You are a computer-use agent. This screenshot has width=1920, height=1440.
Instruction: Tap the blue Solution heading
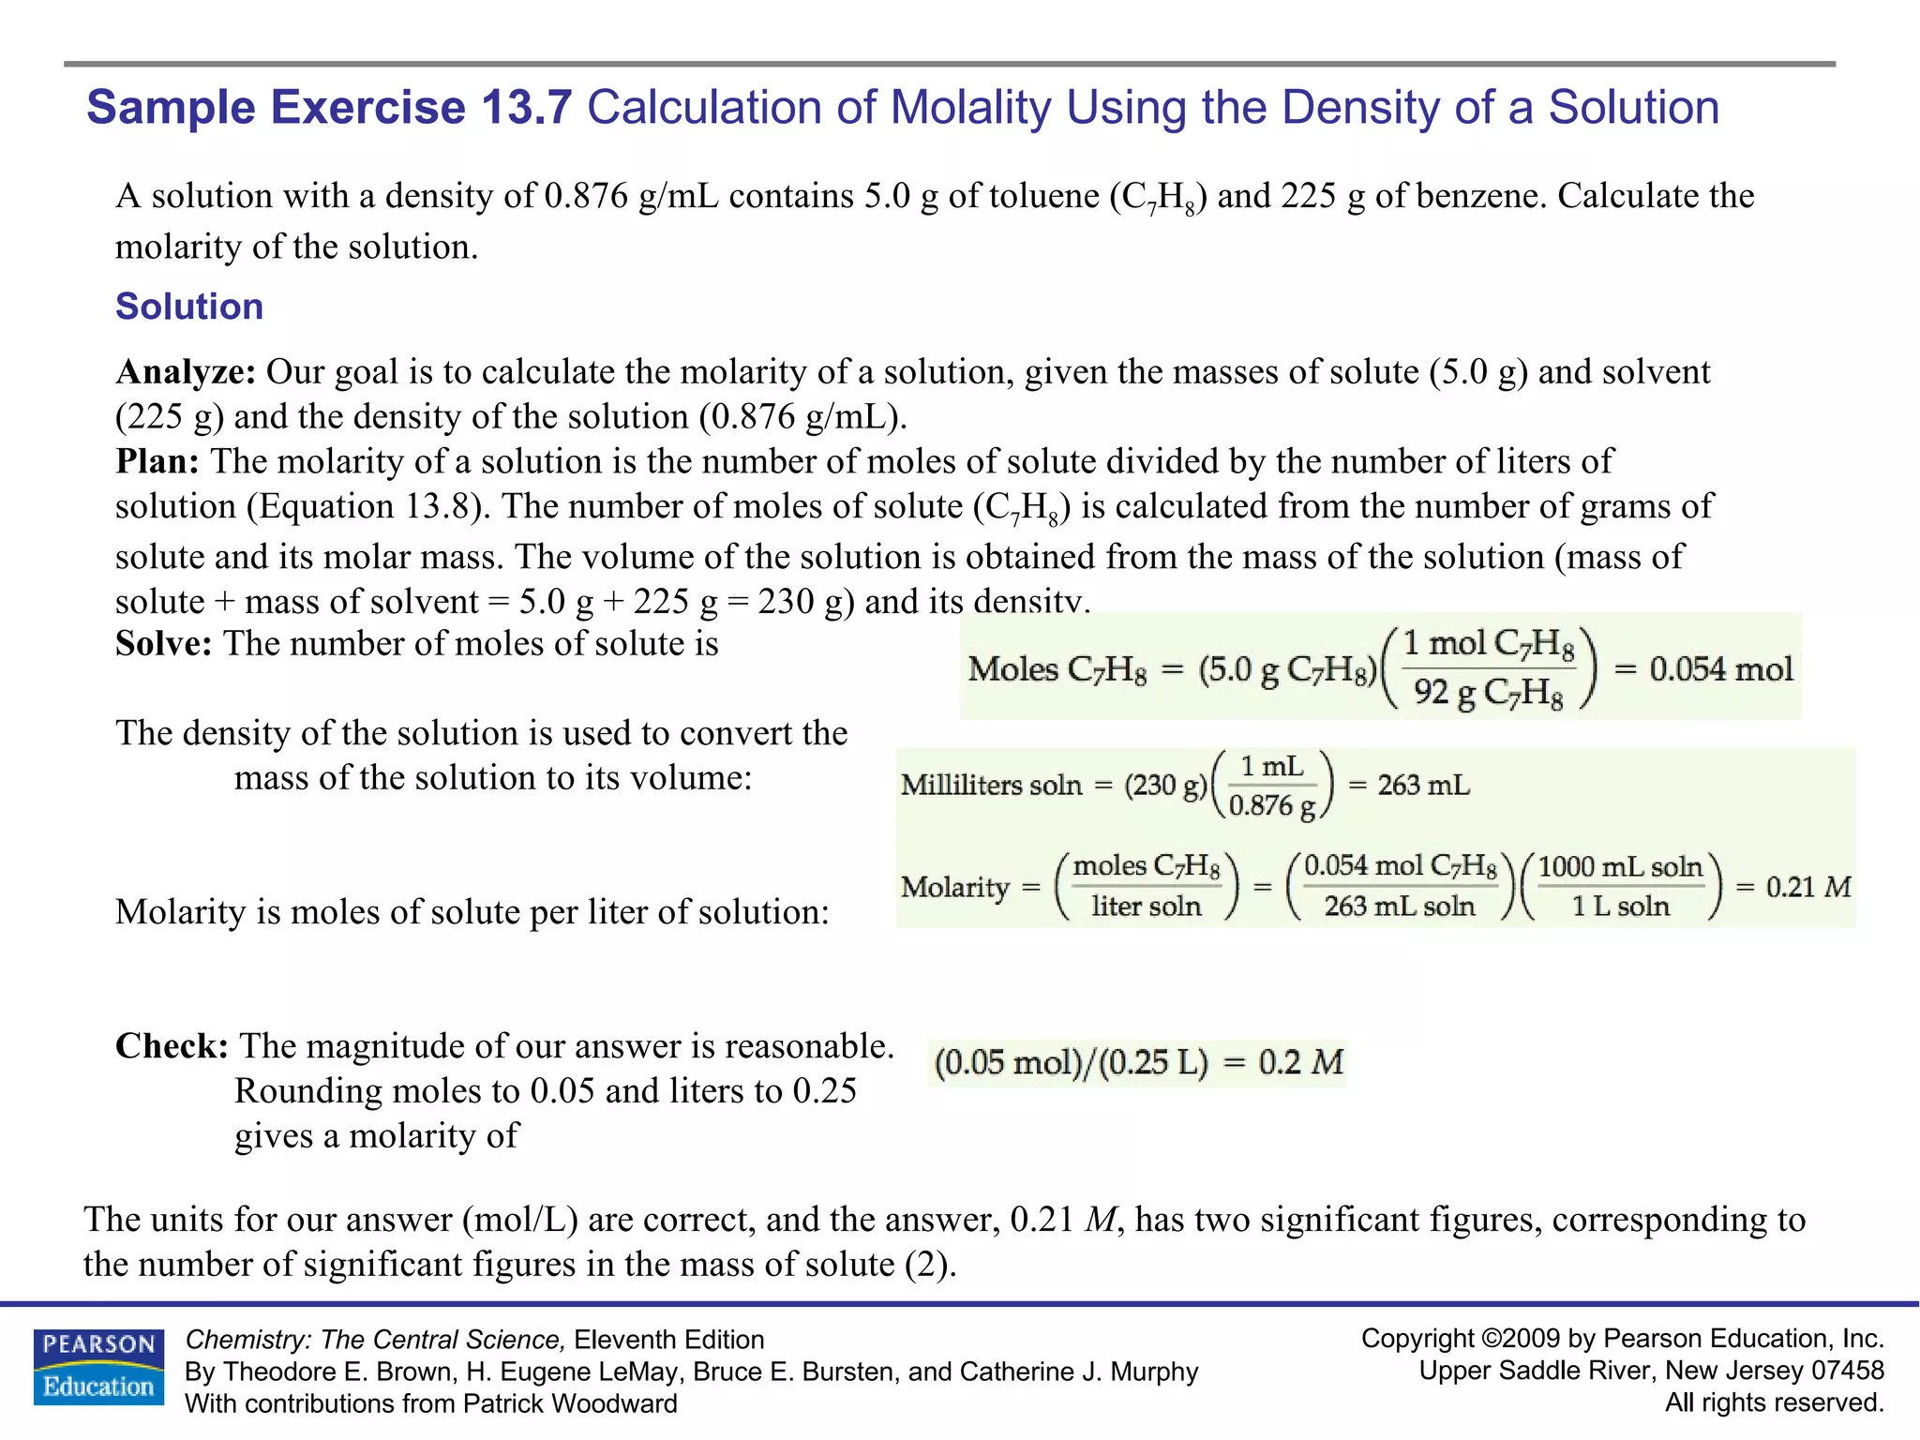(189, 307)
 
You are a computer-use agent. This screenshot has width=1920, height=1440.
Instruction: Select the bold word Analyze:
(186, 372)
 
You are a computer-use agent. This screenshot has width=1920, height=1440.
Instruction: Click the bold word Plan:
(157, 461)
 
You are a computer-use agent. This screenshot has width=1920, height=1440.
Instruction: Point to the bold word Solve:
(163, 644)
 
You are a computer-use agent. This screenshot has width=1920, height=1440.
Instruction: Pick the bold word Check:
(172, 1046)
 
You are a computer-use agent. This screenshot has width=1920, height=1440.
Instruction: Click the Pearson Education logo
(98, 1367)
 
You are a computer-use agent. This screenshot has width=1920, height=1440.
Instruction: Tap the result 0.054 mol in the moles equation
(1720, 668)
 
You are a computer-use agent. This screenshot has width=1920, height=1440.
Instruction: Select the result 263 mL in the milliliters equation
(1423, 785)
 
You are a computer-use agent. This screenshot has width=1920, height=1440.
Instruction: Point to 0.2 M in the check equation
(1300, 1062)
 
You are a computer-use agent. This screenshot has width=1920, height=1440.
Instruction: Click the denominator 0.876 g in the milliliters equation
(1272, 805)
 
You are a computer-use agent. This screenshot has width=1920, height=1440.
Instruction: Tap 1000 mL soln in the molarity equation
(1620, 866)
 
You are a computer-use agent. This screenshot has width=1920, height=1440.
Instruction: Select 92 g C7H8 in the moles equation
(1488, 693)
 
